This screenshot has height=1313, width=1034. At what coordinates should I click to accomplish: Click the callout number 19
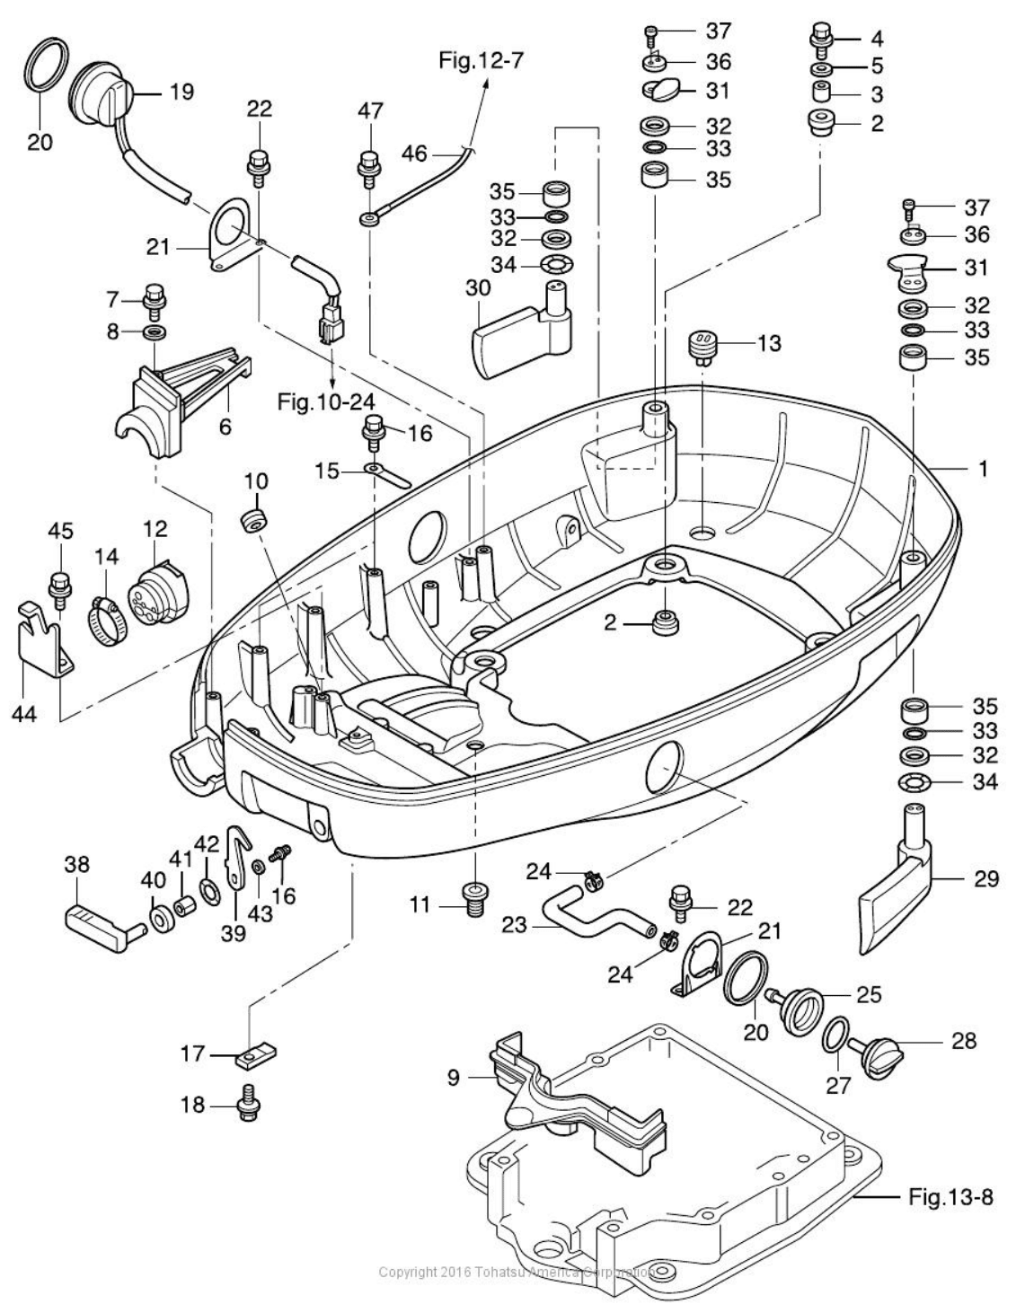(x=182, y=92)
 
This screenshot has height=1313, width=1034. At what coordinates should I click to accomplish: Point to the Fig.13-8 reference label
(x=950, y=1196)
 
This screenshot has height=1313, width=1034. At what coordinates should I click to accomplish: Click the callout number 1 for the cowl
(x=983, y=468)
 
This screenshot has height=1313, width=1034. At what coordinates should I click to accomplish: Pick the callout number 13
(x=769, y=343)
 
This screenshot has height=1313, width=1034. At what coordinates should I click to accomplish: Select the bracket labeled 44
(x=40, y=640)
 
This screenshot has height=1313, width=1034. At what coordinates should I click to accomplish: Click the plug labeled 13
(x=703, y=347)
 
